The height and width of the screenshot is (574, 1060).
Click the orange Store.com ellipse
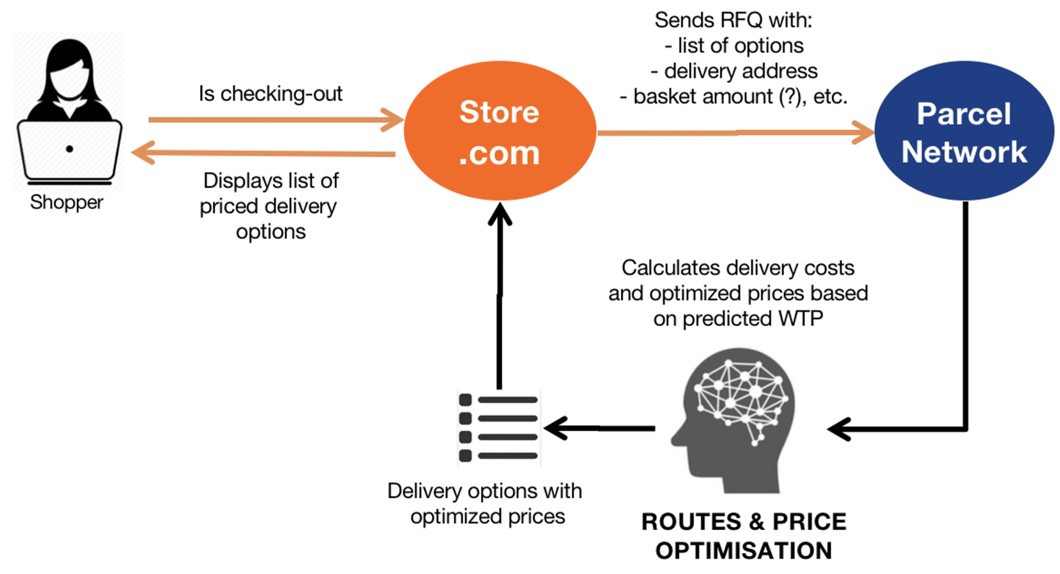click(x=499, y=131)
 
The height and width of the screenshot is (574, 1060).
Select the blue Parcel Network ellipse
click(x=964, y=131)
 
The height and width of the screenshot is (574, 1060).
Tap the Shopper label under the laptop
click(x=66, y=202)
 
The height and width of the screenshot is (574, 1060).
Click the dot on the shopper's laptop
click(x=69, y=149)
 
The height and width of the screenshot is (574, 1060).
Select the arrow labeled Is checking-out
click(x=274, y=120)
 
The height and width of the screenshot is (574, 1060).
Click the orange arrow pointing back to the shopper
click(x=264, y=153)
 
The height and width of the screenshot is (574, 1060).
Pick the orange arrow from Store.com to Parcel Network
click(x=735, y=133)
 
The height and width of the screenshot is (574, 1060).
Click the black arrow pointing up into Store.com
click(x=499, y=295)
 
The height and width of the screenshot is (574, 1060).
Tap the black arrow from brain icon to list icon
click(x=600, y=428)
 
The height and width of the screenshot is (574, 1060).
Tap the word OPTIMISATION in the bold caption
click(x=743, y=551)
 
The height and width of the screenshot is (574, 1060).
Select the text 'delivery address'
click(x=740, y=71)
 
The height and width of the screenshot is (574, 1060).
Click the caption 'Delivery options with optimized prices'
click(x=485, y=503)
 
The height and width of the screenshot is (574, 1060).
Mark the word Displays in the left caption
click(x=242, y=181)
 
